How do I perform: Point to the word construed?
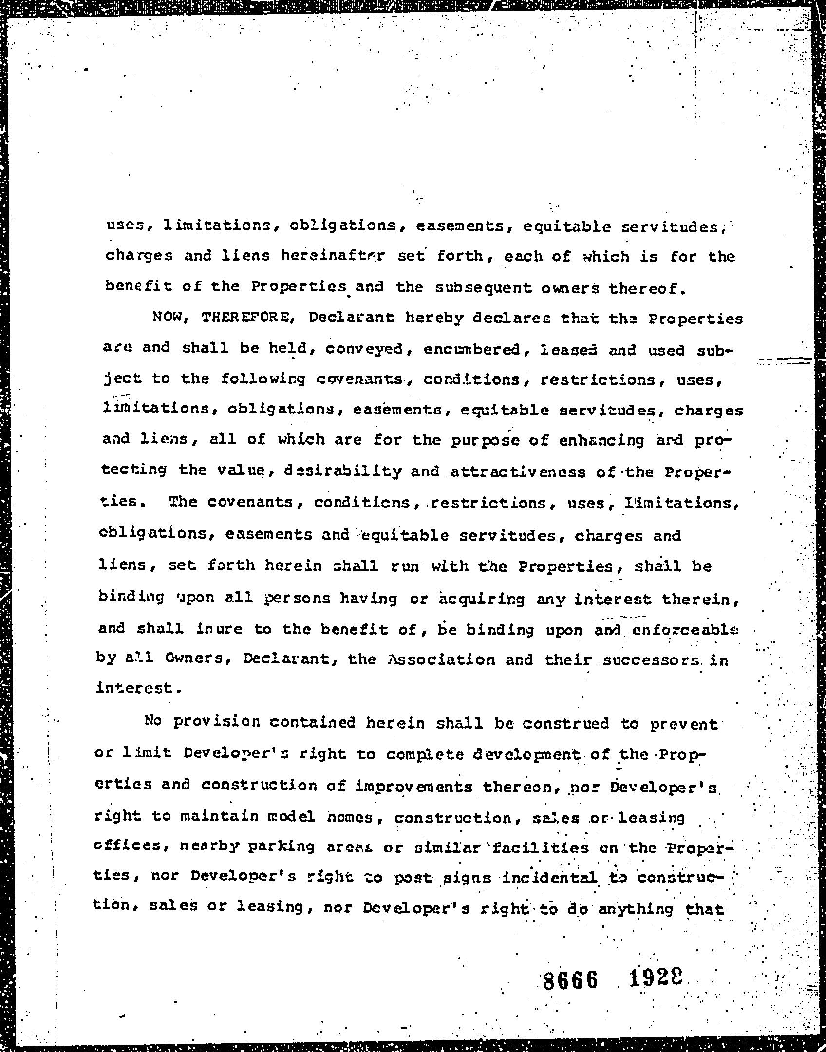tap(565, 723)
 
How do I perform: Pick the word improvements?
tap(413, 786)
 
